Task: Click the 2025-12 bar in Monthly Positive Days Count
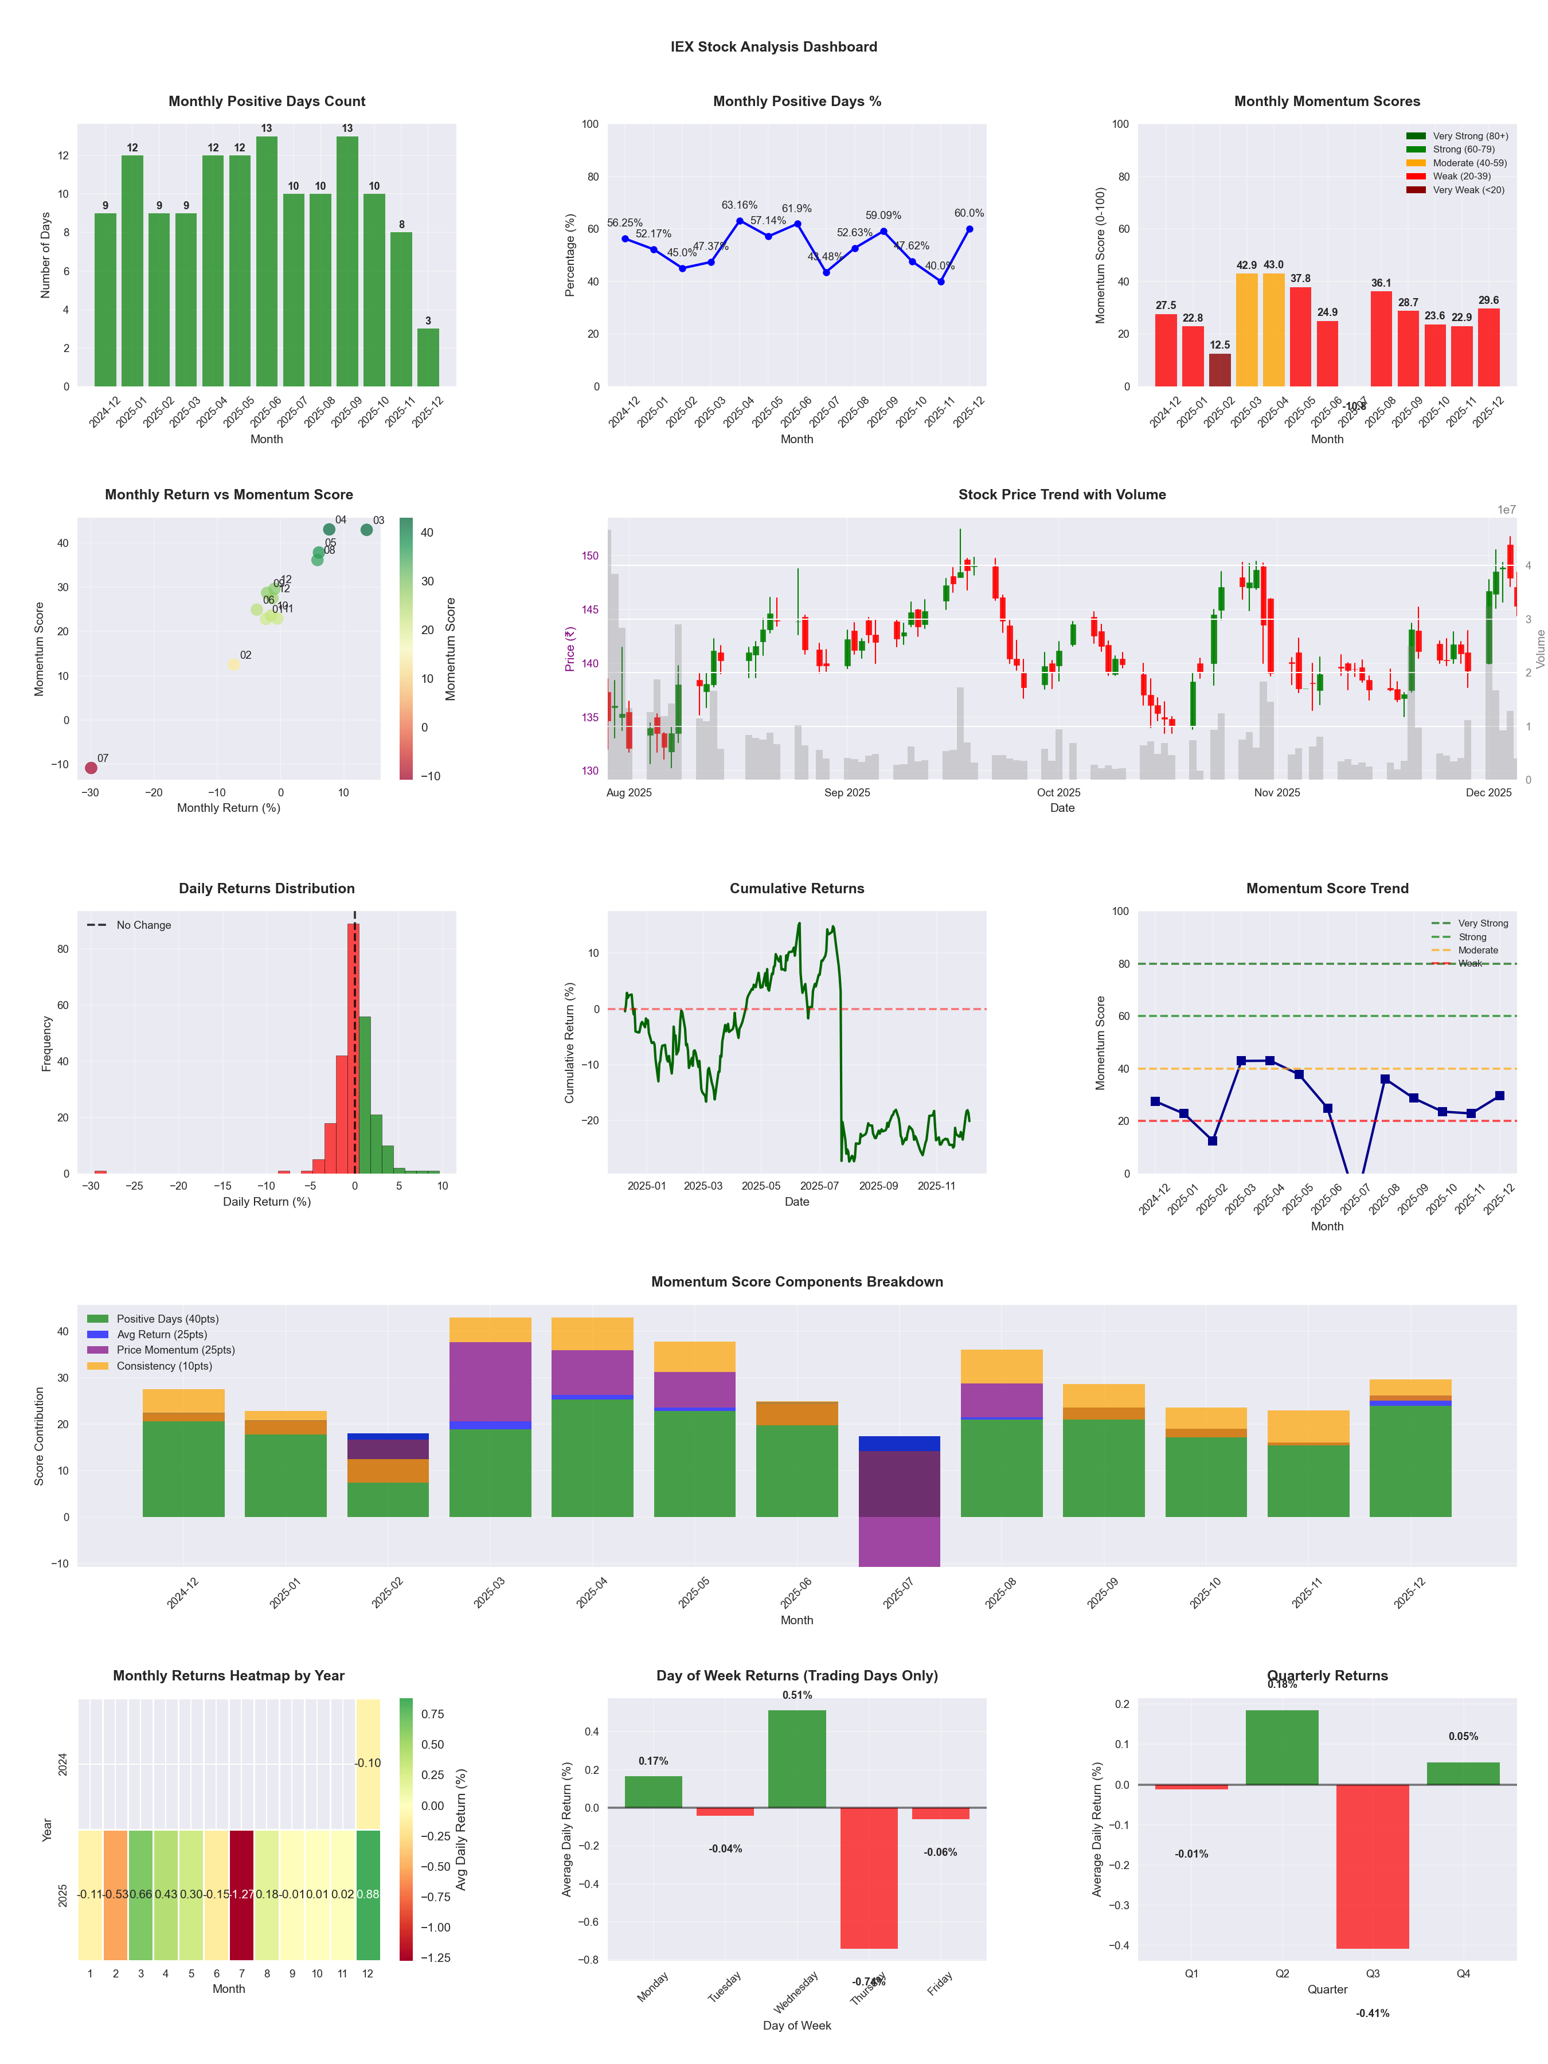pyautogui.click(x=428, y=357)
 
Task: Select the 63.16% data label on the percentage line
pyautogui.click(x=739, y=205)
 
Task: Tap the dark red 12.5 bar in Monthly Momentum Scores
pyautogui.click(x=1219, y=370)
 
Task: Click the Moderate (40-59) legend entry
pyautogui.click(x=1469, y=163)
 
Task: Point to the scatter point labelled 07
pyautogui.click(x=91, y=768)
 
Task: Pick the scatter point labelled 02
pyautogui.click(x=233, y=664)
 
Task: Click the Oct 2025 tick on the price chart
pyautogui.click(x=1058, y=793)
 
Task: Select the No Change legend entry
pyautogui.click(x=143, y=925)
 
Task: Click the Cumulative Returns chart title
pyautogui.click(x=797, y=888)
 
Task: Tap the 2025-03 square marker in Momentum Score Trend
pyautogui.click(x=1241, y=1061)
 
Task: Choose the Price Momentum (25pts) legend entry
pyautogui.click(x=175, y=1350)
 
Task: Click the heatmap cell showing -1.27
pyautogui.click(x=242, y=1895)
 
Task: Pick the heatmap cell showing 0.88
pyautogui.click(x=368, y=1895)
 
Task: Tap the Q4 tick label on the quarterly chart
pyautogui.click(x=1463, y=1973)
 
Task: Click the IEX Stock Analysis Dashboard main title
pyautogui.click(x=773, y=46)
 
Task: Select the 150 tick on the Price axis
pyautogui.click(x=590, y=556)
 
